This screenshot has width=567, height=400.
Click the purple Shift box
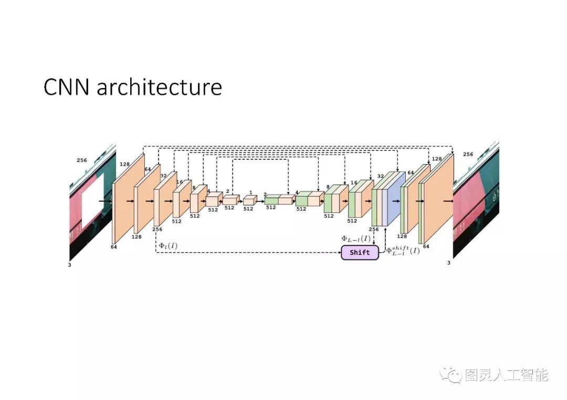pyautogui.click(x=360, y=252)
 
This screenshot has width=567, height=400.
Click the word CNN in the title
pyautogui.click(x=67, y=87)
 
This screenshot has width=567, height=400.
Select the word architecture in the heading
pyautogui.click(x=159, y=87)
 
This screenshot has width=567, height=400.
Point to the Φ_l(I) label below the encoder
pyautogui.click(x=168, y=245)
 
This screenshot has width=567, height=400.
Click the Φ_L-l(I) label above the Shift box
pyautogui.click(x=356, y=239)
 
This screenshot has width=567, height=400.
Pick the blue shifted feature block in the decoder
pyautogui.click(x=396, y=199)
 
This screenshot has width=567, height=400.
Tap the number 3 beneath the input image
pyautogui.click(x=69, y=265)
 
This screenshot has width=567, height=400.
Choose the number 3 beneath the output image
pyautogui.click(x=448, y=263)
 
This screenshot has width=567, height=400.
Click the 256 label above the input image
pyautogui.click(x=82, y=160)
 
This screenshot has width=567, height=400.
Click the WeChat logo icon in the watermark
pyautogui.click(x=450, y=375)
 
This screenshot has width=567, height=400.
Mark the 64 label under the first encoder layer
pyautogui.click(x=114, y=246)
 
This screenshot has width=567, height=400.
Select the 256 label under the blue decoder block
pyautogui.click(x=374, y=230)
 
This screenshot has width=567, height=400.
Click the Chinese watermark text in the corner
pyautogui.click(x=507, y=375)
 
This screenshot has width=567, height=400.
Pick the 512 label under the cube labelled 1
pyautogui.click(x=248, y=209)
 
